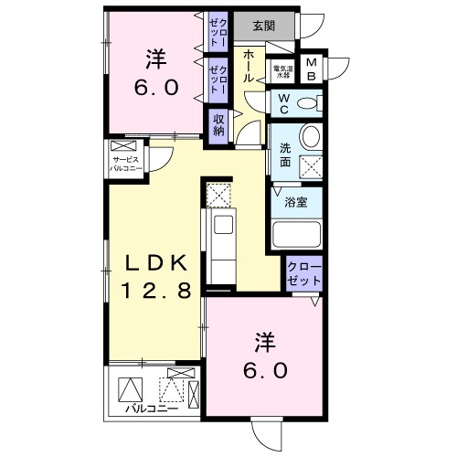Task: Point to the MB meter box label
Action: (313, 69)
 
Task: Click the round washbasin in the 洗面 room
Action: (310, 137)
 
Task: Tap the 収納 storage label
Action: (219, 124)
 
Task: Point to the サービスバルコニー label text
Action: (125, 165)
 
